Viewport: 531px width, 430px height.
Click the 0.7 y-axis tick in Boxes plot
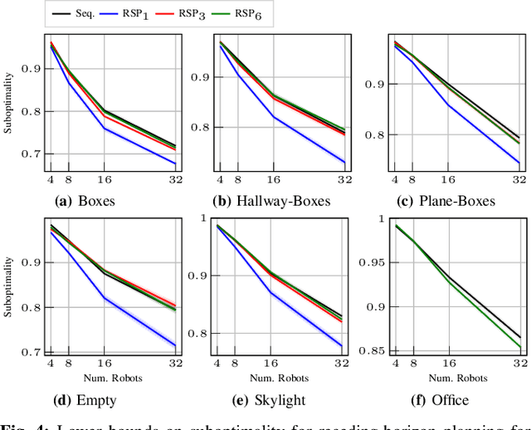click(31, 154)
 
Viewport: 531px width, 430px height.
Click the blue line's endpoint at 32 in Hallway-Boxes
click(343, 162)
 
